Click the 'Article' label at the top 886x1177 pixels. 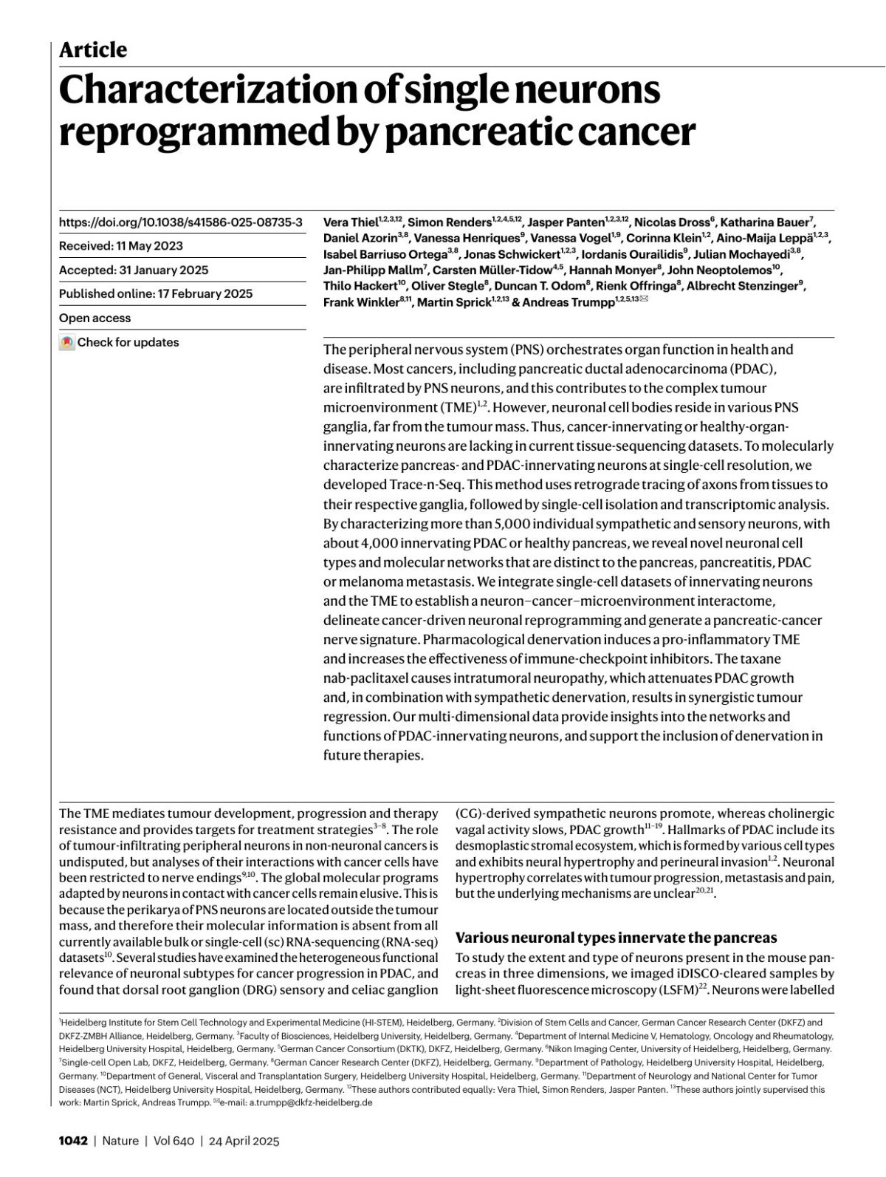[x=93, y=50]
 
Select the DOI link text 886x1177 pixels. [x=180, y=222]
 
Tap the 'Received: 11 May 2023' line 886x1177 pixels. [x=121, y=246]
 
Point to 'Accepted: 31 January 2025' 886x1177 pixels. [x=134, y=270]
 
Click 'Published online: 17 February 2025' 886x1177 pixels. [x=156, y=293]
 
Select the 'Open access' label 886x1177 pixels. [x=95, y=318]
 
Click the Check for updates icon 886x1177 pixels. [x=67, y=343]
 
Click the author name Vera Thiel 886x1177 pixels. [x=351, y=222]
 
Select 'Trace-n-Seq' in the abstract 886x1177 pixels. [x=425, y=485]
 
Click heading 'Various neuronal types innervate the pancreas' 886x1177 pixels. [x=616, y=938]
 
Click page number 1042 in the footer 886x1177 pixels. [x=73, y=1141]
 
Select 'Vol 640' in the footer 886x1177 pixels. [x=174, y=1141]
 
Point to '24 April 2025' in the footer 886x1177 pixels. [x=244, y=1141]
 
